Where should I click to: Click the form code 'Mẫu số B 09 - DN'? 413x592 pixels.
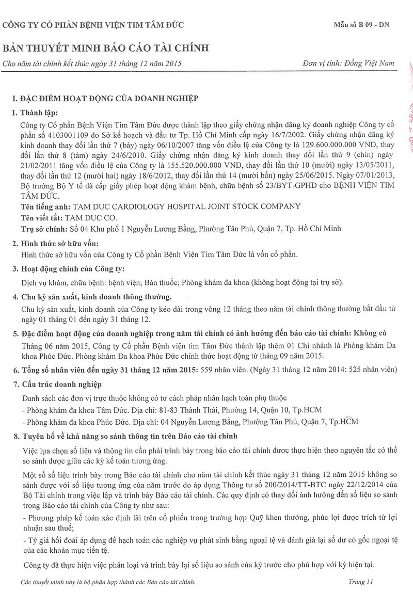click(x=364, y=25)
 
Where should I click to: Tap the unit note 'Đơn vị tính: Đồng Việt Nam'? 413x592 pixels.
click(x=349, y=63)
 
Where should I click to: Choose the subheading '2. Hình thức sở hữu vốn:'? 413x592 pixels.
click(x=55, y=243)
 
